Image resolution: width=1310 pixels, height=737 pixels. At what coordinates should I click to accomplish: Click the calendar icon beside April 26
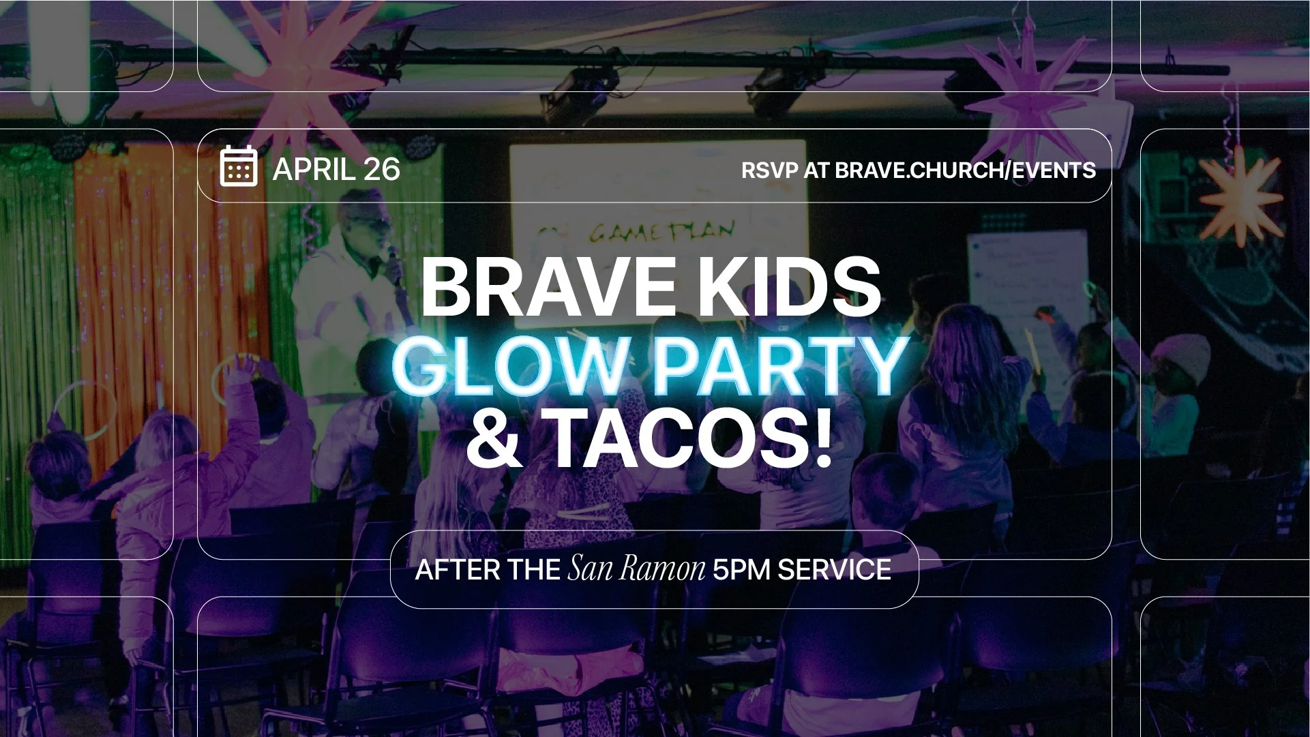239,166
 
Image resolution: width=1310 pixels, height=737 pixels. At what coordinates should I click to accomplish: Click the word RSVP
769,170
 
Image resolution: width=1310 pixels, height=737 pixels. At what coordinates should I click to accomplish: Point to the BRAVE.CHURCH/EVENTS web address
965,170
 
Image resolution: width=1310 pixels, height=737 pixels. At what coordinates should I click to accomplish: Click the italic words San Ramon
636,569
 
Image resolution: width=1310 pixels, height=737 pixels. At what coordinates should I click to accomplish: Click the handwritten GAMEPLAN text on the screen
661,232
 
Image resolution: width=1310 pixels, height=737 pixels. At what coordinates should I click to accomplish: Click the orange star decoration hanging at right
1240,196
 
